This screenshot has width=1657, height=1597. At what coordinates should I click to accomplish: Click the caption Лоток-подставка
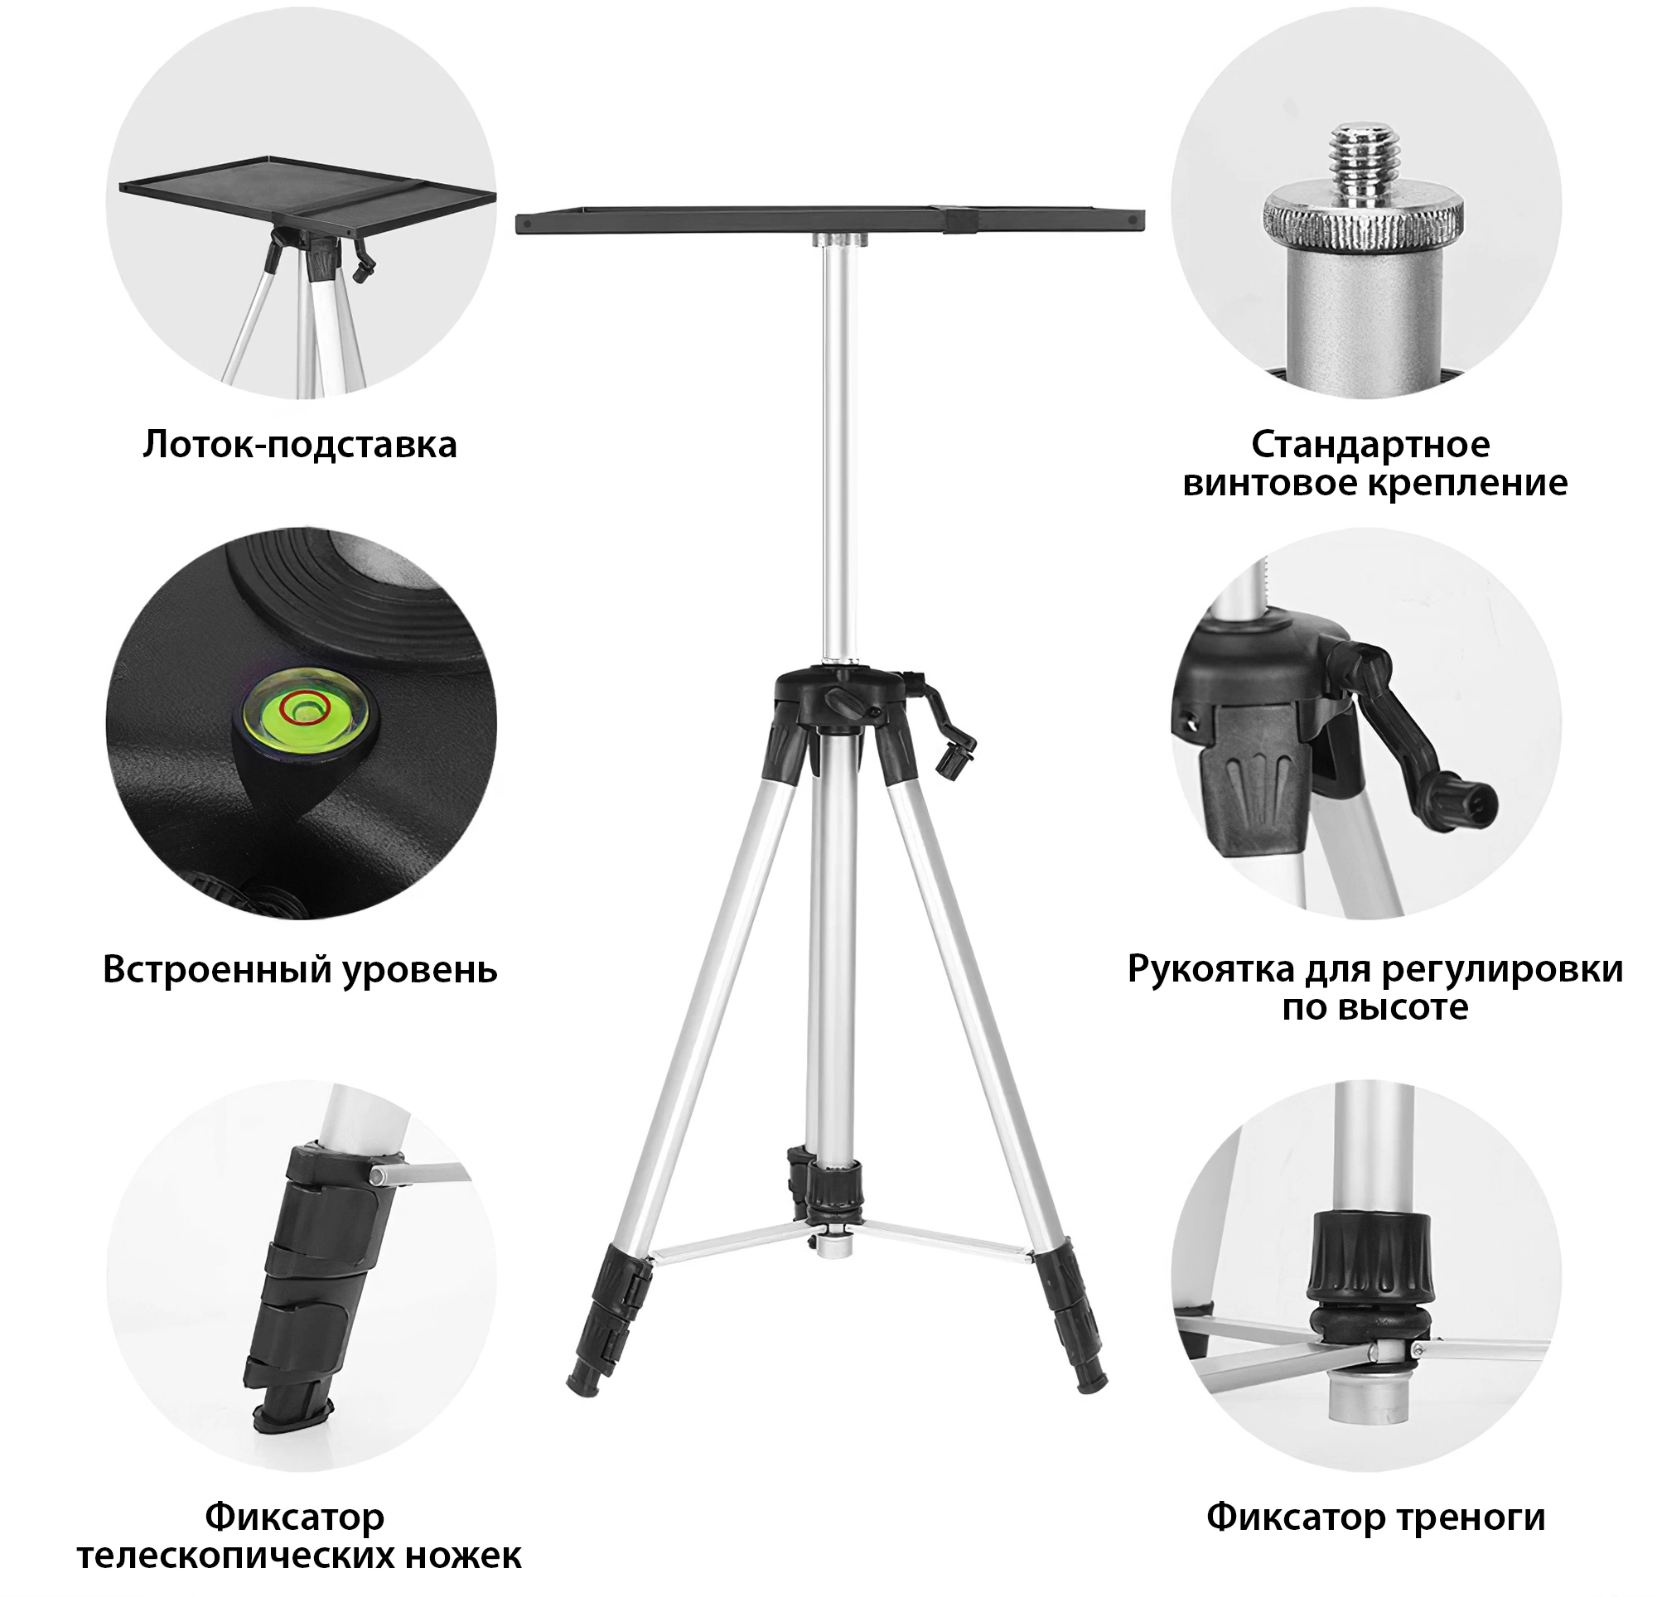pyautogui.click(x=299, y=445)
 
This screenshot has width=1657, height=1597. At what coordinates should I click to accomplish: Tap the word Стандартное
pyautogui.click(x=1370, y=445)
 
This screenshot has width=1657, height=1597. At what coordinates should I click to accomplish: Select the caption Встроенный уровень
pyautogui.click(x=299, y=970)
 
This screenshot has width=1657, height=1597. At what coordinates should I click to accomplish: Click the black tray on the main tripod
pyautogui.click(x=829, y=221)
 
